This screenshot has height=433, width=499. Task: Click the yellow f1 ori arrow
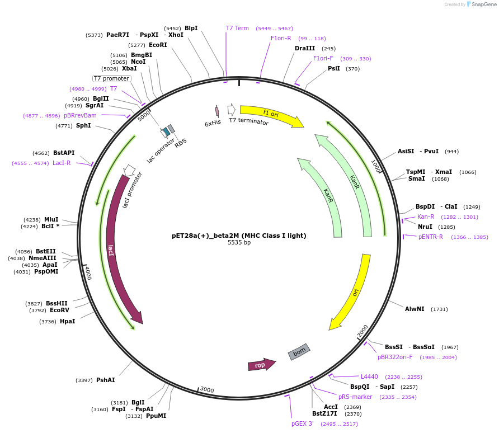click(x=271, y=115)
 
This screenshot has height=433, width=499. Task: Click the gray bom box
click(x=299, y=351)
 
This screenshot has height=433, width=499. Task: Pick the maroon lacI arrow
click(x=115, y=246)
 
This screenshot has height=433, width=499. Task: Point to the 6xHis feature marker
click(x=217, y=111)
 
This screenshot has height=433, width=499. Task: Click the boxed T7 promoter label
click(x=111, y=79)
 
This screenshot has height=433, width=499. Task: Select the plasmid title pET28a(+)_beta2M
click(x=239, y=236)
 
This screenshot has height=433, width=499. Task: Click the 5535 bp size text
click(x=239, y=243)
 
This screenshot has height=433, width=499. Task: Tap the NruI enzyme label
click(x=425, y=227)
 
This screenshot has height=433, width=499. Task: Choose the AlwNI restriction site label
click(x=415, y=309)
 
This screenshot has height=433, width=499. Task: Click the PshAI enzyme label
click(x=105, y=380)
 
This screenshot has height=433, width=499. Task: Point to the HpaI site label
click(x=67, y=322)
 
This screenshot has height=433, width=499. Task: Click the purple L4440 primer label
click(x=369, y=377)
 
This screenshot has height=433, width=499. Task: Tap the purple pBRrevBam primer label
click(x=80, y=116)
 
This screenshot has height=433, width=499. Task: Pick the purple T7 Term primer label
click(x=237, y=29)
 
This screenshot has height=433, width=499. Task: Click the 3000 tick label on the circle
click(x=207, y=389)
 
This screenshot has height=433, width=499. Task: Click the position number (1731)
click(x=439, y=309)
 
